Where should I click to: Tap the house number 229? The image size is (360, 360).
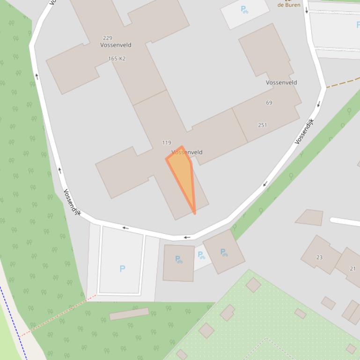tap(107, 38)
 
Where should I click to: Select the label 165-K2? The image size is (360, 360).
tap(117, 58)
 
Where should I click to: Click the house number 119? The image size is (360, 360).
tap(166, 143)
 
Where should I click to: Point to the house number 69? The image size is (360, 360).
tap(269, 102)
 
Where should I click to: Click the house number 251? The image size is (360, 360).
tap(262, 125)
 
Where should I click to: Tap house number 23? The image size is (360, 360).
tap(319, 257)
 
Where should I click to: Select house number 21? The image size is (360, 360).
tap(353, 268)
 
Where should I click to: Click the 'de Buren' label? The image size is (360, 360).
tap(289, 5)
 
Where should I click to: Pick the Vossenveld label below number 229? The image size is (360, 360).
tap(116, 45)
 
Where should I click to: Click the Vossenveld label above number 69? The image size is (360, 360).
tap(281, 82)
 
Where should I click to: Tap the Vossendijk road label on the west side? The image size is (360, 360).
tap(72, 202)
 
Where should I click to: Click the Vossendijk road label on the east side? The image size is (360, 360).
tap(305, 131)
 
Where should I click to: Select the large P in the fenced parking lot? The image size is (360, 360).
tap(122, 268)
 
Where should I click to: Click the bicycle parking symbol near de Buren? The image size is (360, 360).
tap(244, 9)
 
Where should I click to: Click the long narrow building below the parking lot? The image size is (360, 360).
tap(129, 314)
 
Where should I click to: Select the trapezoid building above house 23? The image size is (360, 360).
tap(310, 217)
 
